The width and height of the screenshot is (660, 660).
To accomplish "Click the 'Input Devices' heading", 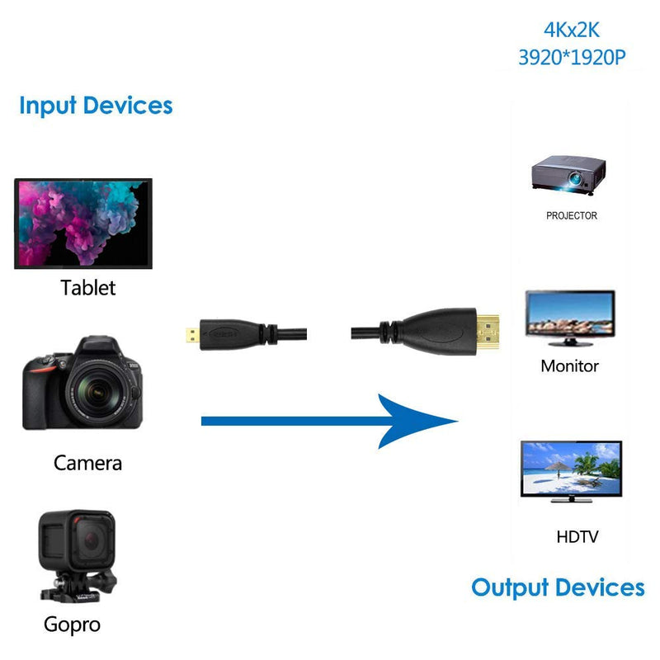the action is [96, 106].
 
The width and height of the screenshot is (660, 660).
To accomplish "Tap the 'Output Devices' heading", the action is [558, 588].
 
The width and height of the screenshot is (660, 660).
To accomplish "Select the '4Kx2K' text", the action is [572, 30].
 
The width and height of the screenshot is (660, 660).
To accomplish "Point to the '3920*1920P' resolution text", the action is [572, 57].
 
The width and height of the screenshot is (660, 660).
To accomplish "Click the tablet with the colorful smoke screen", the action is [83, 224].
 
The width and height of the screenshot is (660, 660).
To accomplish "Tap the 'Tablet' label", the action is [88, 288].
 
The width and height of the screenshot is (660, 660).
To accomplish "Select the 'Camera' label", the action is [88, 463].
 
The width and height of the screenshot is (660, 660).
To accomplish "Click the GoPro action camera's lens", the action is [92, 540].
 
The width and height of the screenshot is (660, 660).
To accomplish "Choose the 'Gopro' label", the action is [72, 625].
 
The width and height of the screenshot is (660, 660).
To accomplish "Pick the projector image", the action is [568, 175].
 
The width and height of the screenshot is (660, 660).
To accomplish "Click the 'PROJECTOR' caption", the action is [572, 215].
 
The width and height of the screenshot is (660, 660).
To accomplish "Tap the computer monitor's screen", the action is [570, 314].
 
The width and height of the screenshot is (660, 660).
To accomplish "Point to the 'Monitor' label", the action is [569, 366].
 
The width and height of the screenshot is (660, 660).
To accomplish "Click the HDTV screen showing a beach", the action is [571, 469].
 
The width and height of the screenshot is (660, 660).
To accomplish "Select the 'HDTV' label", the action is [577, 537].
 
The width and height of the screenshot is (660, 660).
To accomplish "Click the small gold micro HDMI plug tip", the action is [193, 335].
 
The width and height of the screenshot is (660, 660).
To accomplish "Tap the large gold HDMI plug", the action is [488, 333].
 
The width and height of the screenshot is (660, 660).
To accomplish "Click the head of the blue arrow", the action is [417, 421].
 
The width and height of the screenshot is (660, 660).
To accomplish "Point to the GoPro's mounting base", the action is [78, 586].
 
